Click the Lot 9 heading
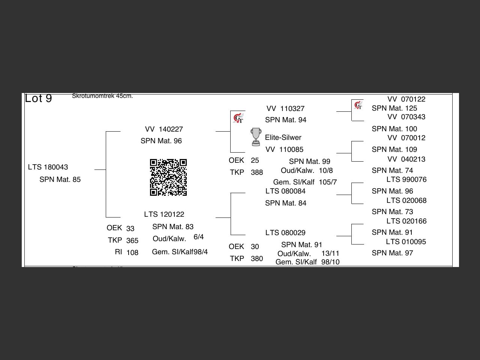tap(38, 98)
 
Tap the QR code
tap(168, 177)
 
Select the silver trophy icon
tap(256, 137)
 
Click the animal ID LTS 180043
tap(48, 167)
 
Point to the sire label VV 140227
tap(164, 129)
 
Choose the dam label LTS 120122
tap(164, 214)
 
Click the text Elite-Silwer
tap(283, 137)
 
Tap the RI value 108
tap(132, 252)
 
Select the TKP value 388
tap(257, 172)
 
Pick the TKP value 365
tap(132, 240)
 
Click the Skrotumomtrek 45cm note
tap(102, 96)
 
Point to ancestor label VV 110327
tap(285, 108)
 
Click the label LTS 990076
tap(406, 179)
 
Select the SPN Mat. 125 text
tap(394, 108)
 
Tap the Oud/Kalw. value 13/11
tap(330, 253)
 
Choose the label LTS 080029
tap(285, 232)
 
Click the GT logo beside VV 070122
tap(358, 105)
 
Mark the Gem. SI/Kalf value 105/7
tap(328, 182)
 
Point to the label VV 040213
tap(406, 159)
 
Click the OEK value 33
tap(130, 228)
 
